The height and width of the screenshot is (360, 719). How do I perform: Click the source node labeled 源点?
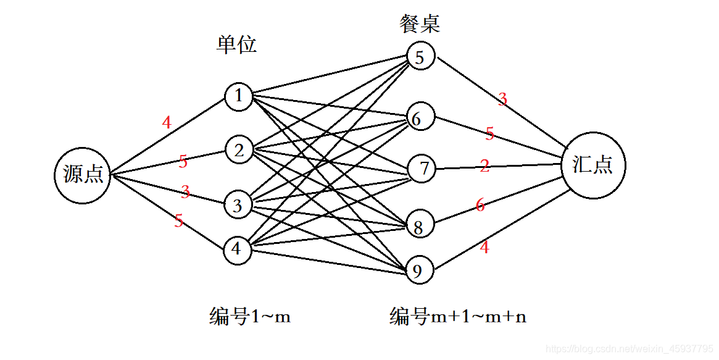pyautogui.click(x=83, y=175)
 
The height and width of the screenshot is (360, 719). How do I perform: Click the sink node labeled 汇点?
pyautogui.click(x=593, y=165)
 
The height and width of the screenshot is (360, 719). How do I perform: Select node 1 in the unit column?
pyautogui.click(x=238, y=96)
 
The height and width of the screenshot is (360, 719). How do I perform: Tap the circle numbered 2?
pyautogui.click(x=238, y=149)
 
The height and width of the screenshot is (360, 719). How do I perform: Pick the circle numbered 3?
pyautogui.click(x=238, y=204)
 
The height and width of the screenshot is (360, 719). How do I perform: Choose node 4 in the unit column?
pyautogui.click(x=237, y=249)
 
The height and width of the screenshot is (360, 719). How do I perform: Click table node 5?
pyautogui.click(x=420, y=57)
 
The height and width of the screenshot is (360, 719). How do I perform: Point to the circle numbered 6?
pyautogui.click(x=418, y=118)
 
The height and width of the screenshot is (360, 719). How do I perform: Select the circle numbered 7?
pyautogui.click(x=422, y=168)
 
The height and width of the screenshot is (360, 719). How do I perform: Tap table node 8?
pyautogui.click(x=418, y=227)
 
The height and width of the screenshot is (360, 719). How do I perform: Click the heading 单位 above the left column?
pyautogui.click(x=236, y=44)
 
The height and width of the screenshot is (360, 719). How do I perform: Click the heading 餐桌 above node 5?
pyautogui.click(x=420, y=24)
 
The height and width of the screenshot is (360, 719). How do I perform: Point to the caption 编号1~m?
pyautogui.click(x=250, y=317)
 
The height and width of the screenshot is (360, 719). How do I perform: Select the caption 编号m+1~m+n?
pyautogui.click(x=458, y=317)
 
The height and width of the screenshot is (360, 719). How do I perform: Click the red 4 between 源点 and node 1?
pyautogui.click(x=167, y=123)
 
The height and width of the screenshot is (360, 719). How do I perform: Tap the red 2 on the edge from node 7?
pyautogui.click(x=484, y=165)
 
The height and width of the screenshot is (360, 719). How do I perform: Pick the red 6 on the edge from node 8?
pyautogui.click(x=480, y=206)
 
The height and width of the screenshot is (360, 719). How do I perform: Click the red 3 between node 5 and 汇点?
pyautogui.click(x=502, y=99)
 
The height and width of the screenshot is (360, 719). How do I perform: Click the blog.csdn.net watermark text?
pyautogui.click(x=630, y=350)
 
